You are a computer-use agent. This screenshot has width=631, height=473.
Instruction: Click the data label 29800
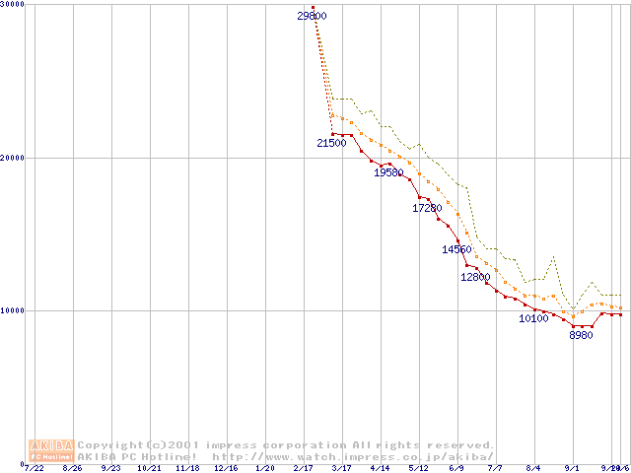point(312,16)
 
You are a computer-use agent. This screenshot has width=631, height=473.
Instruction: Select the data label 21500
point(331,143)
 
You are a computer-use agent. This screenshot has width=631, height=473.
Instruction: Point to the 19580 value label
point(388,172)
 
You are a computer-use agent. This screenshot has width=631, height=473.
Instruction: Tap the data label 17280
point(426,208)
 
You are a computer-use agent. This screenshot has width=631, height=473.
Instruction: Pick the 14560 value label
point(457,249)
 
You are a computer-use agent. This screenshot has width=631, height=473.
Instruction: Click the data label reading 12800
point(475,277)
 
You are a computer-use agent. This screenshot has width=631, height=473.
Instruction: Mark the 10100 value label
point(533,318)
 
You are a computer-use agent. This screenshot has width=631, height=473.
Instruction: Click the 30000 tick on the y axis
point(13,5)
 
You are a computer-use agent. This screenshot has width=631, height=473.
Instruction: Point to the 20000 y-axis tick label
point(13,158)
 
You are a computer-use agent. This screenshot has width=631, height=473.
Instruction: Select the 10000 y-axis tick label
point(13,310)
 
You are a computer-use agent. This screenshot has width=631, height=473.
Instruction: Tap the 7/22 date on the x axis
point(35,468)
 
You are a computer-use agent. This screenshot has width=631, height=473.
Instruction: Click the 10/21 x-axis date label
point(149,468)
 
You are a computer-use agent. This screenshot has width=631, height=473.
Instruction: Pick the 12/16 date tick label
point(226,468)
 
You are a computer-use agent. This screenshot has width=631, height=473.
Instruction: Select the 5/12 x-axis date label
point(418,468)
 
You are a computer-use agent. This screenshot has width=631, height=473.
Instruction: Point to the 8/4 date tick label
point(533,468)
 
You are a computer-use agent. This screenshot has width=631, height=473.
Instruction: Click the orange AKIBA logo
point(51,450)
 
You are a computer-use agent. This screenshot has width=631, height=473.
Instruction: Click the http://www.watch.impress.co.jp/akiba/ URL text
point(353,457)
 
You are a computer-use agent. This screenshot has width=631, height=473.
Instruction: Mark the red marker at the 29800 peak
point(314,7)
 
